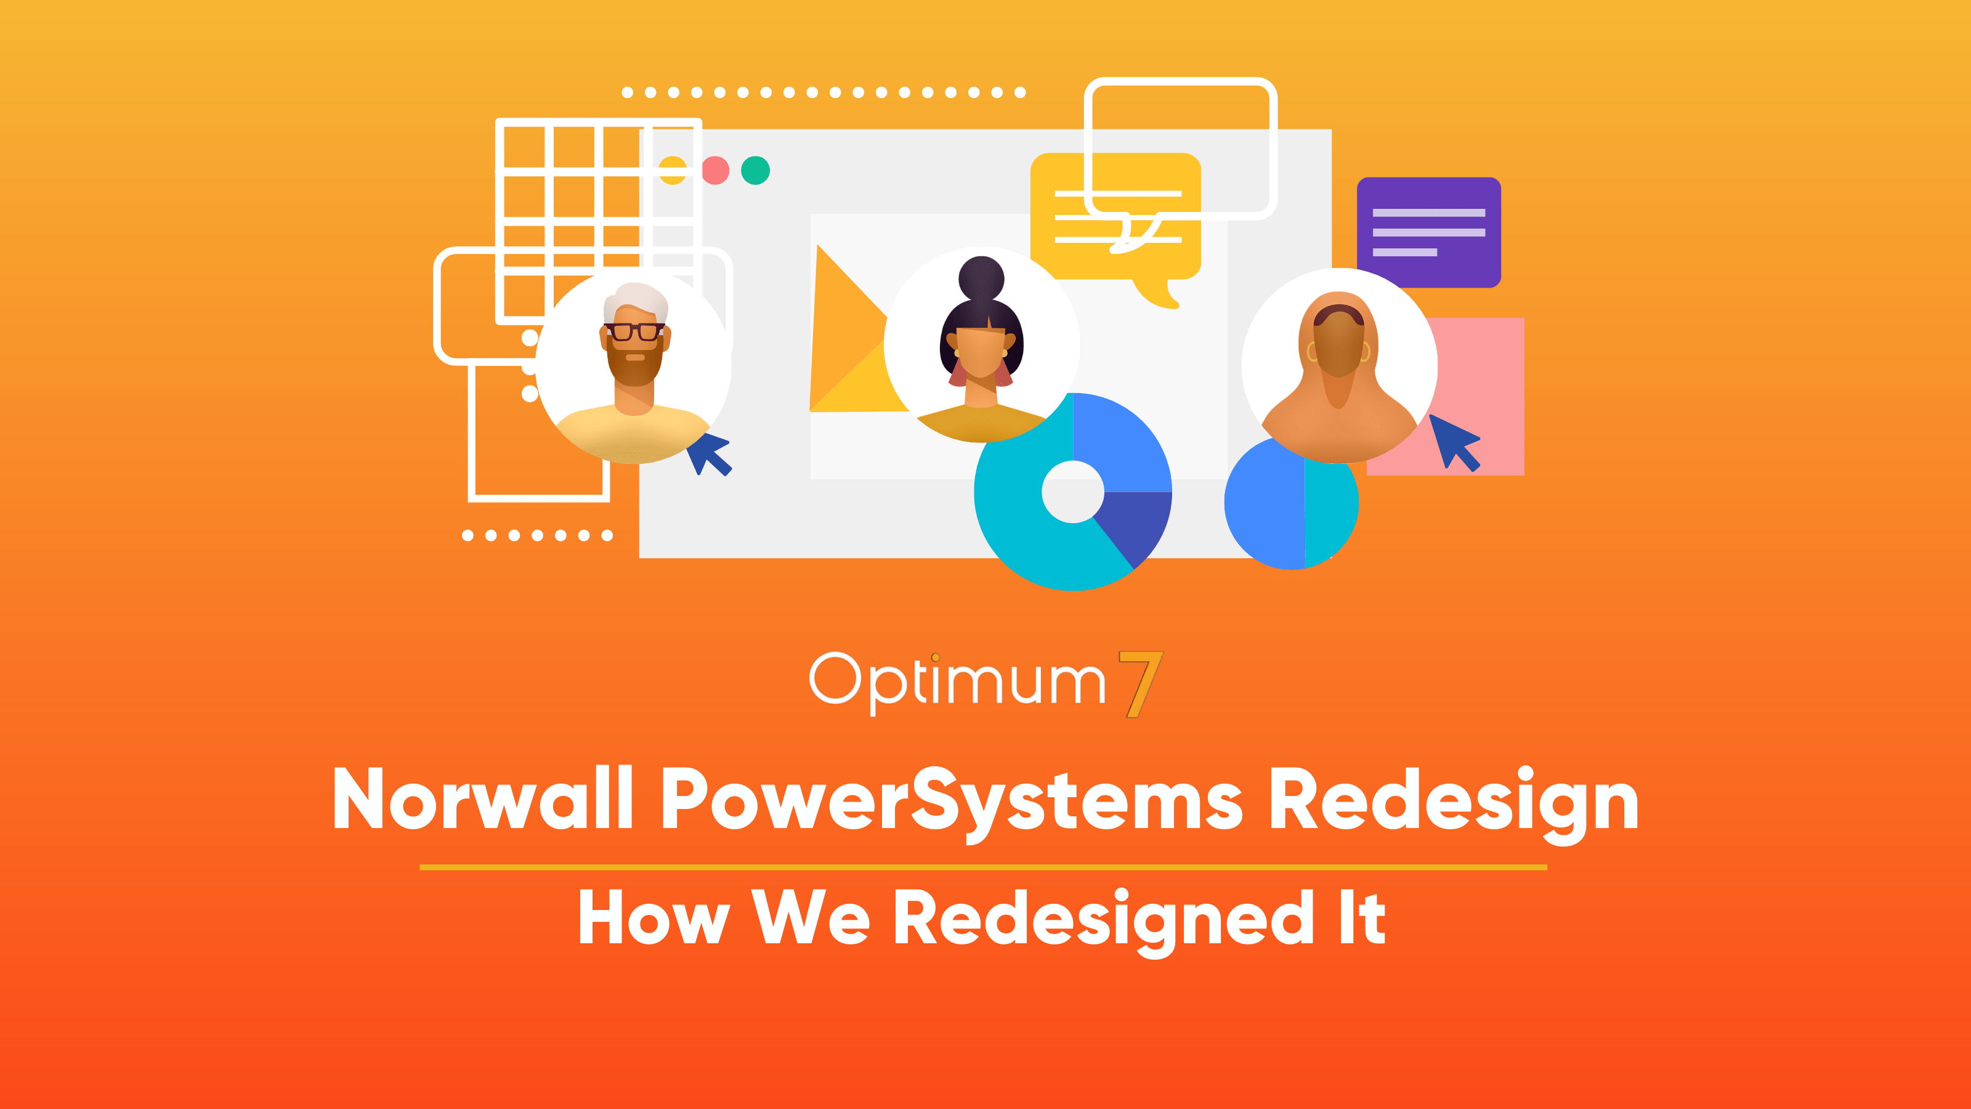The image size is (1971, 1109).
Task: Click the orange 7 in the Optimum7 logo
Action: (1141, 683)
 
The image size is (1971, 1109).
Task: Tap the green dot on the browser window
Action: (755, 170)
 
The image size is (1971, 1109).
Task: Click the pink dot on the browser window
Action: (715, 170)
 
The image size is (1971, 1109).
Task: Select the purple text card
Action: (1428, 232)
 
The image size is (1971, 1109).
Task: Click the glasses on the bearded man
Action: (634, 331)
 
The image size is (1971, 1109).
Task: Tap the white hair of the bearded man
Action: (636, 300)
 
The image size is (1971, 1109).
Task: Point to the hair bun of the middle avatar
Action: (981, 278)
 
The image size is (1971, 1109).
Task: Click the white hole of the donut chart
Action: (1073, 492)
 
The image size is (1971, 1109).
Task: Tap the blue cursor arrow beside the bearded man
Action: (710, 453)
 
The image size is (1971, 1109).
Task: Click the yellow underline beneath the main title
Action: (983, 867)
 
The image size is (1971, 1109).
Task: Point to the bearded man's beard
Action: (634, 364)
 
